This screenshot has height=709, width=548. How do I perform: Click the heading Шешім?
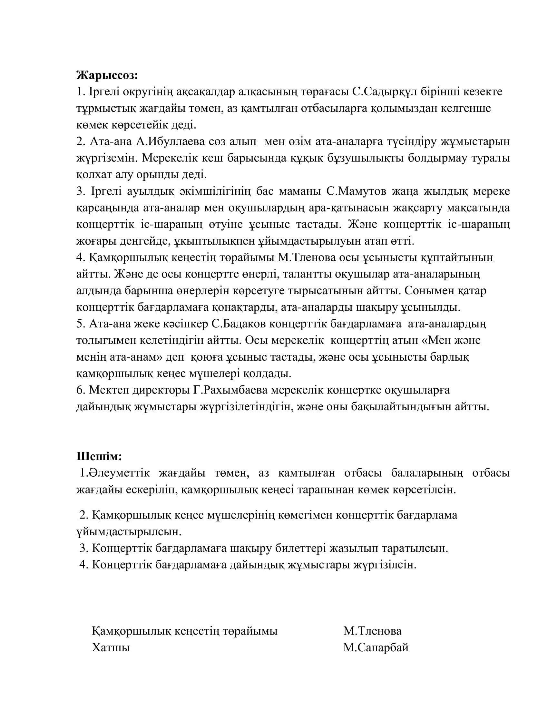(x=99, y=456)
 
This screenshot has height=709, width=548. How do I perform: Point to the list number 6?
(x=80, y=390)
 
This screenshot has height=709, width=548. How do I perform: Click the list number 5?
(x=80, y=324)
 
